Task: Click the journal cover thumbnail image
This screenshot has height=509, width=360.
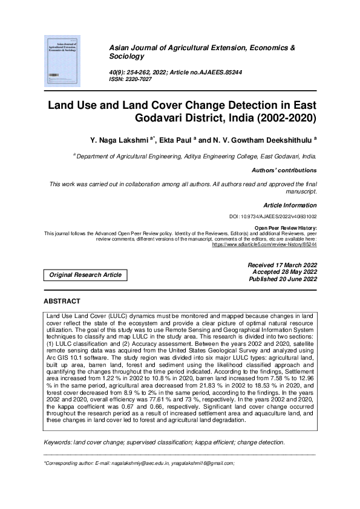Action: tap(63, 60)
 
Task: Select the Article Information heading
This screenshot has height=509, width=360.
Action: tap(290, 205)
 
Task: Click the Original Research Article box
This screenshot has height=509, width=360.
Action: tap(85, 275)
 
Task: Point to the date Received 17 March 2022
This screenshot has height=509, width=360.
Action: tap(282, 265)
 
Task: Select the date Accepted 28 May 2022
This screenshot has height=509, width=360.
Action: tap(284, 272)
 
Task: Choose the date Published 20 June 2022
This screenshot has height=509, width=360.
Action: tap(283, 279)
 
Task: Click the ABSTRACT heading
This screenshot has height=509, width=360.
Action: tap(62, 301)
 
